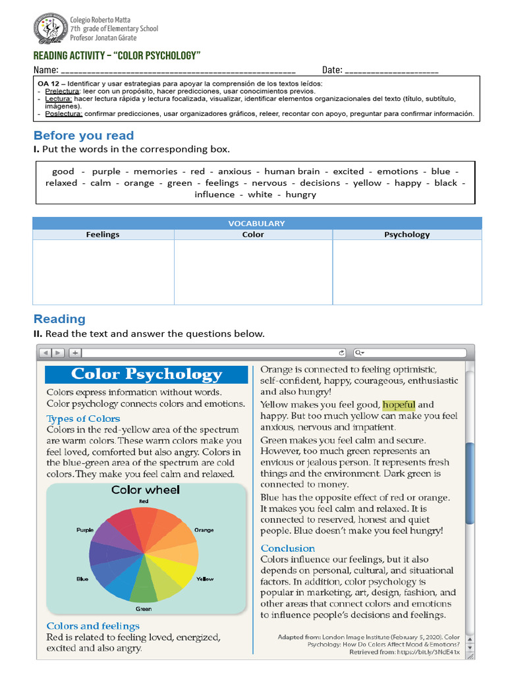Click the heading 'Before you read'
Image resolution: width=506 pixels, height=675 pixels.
coord(84,136)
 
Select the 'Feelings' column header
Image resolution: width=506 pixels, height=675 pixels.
coord(103,235)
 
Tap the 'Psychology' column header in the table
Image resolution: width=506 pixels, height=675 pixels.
coord(407,235)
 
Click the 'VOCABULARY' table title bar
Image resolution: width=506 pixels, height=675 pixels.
coord(256,223)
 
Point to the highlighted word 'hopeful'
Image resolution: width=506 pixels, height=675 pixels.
coord(399,405)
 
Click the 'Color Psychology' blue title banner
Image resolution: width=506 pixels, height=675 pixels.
coord(146,374)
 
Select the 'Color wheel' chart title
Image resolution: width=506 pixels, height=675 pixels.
coord(145,490)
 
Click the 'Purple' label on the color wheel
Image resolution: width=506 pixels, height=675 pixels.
coord(85,530)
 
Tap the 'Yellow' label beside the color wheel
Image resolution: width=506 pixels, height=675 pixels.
coord(205,579)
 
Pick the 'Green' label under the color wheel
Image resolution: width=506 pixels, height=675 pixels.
coord(143,608)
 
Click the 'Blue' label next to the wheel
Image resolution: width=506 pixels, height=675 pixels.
coord(82,579)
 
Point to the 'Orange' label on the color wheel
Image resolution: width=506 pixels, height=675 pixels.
coord(204,530)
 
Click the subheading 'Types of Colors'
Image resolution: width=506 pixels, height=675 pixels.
coord(83,419)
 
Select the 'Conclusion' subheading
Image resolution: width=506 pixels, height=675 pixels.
coord(287,548)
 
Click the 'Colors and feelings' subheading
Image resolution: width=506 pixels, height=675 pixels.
coord(93,626)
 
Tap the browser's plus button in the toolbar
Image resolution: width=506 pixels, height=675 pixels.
coord(74,353)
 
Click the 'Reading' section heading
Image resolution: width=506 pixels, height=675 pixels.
coord(59,319)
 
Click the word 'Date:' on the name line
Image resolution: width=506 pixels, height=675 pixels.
coord(331,70)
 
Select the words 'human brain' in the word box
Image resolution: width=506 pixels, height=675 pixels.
coord(292,171)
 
